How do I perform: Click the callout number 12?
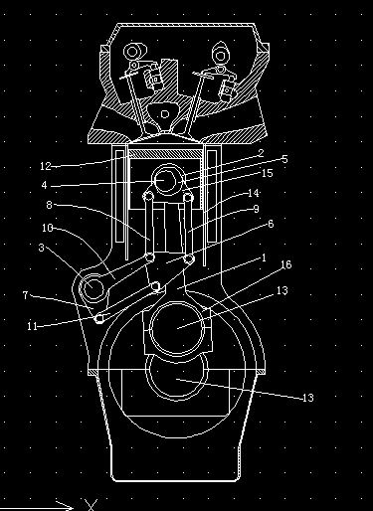[46, 166]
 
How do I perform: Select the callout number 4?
[44, 185]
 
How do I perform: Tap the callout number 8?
[49, 205]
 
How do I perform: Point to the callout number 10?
[48, 228]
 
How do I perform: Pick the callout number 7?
[26, 295]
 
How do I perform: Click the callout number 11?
[32, 326]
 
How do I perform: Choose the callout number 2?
[261, 153]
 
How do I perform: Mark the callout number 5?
[284, 159]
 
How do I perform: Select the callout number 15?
[267, 173]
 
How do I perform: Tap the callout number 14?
[254, 193]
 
